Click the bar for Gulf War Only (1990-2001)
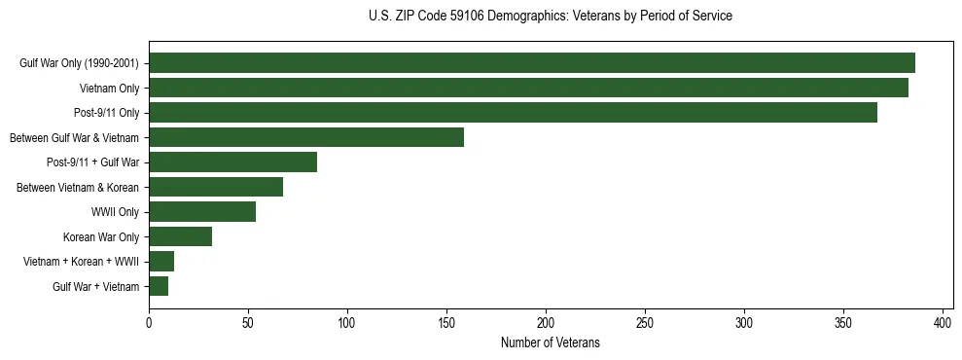coord(531,63)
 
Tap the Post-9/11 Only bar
coord(513,113)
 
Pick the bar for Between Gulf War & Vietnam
coord(306,137)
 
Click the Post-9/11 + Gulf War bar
coord(232,162)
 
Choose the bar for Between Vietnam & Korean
coord(216,187)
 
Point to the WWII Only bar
coord(202,212)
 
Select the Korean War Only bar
coord(180,236)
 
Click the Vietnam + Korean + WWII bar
coord(161,262)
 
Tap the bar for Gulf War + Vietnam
coord(159,286)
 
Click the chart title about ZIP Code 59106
coord(551,17)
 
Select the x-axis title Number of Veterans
coord(551,343)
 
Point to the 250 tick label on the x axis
coord(645,322)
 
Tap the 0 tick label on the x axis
coord(149,322)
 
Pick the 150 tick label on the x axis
coord(446,322)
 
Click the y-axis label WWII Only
coord(115,212)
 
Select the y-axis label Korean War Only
coord(101,236)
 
